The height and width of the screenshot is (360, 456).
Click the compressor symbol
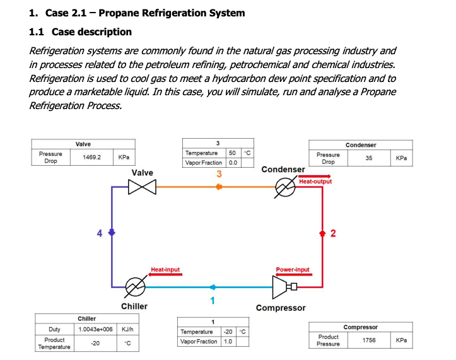pos(283,287)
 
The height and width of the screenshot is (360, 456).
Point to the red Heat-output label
pos(315,182)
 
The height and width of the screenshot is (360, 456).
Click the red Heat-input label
pos(165,270)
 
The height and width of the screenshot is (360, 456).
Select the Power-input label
pos(293,270)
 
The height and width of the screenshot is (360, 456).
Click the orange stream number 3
pos(219,174)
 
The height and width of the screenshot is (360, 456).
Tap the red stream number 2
pos(333,235)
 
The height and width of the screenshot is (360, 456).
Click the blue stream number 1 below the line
pos(213,299)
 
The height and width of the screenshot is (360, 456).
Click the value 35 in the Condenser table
pos(368,158)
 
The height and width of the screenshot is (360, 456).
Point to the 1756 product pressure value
pos(369,340)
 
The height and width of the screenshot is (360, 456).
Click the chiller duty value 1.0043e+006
pos(95,329)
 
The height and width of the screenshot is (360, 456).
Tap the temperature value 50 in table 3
pos(232,153)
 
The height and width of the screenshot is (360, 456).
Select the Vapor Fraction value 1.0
pos(227,341)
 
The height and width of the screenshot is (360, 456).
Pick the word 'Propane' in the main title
pos(131,13)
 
